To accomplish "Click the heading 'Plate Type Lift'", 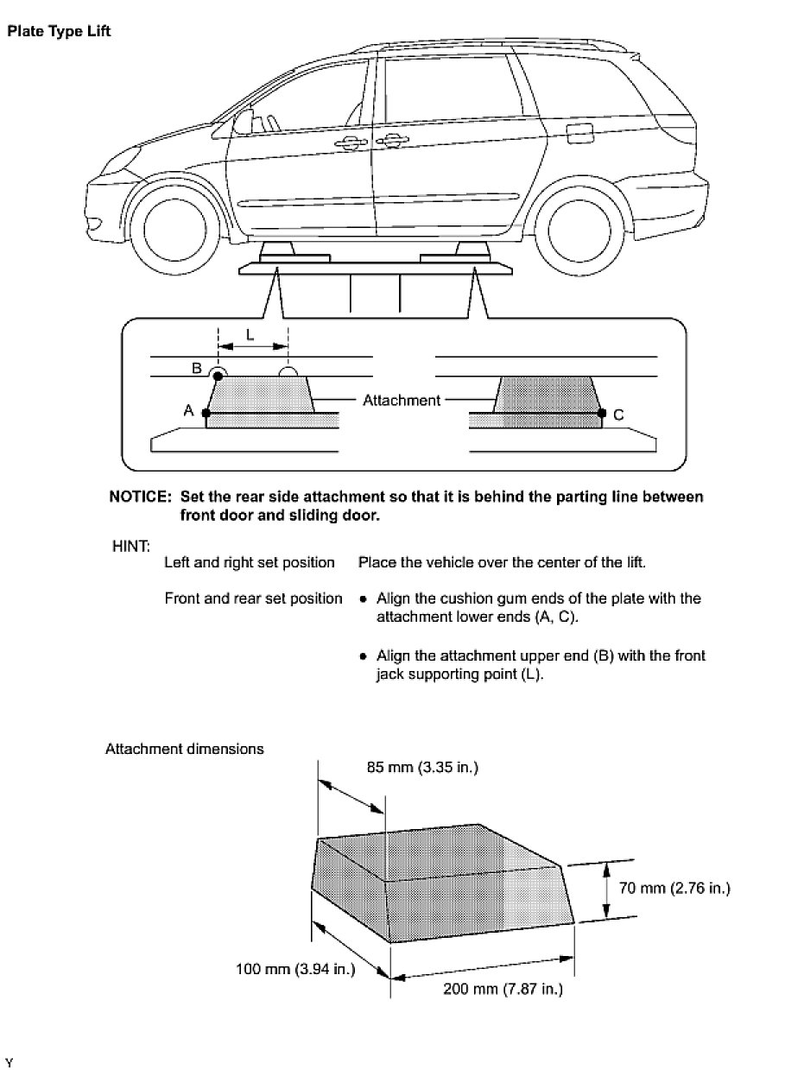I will [x=59, y=32].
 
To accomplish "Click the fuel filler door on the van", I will [x=578, y=134].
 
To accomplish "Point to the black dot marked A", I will [x=206, y=413].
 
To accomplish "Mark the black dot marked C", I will [x=601, y=414].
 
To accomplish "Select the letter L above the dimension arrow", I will [x=250, y=335].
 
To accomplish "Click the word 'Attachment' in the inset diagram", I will [x=402, y=400].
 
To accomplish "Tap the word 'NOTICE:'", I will [x=139, y=497].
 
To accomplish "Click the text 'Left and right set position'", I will [x=250, y=562].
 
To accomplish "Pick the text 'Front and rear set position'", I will [x=253, y=598].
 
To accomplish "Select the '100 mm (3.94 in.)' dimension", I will [x=295, y=969].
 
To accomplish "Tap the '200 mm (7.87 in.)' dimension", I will [x=503, y=989].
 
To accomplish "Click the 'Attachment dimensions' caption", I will [x=184, y=749].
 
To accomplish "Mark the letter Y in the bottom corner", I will [x=9, y=1060].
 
